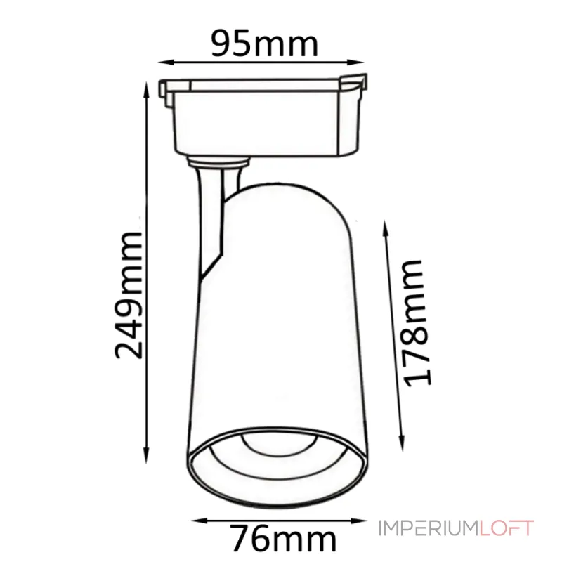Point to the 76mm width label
[x=284, y=540]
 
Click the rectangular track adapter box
[x=267, y=119]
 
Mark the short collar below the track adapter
[x=219, y=163]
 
